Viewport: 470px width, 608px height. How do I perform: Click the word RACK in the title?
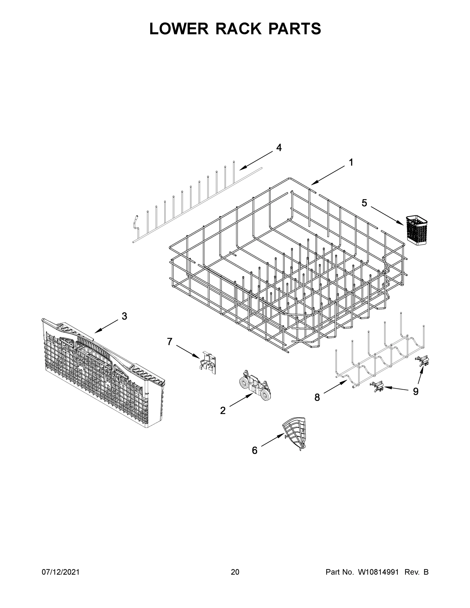pyautogui.click(x=239, y=29)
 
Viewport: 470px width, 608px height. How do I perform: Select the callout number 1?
pyautogui.click(x=351, y=162)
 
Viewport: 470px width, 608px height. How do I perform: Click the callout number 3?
pyautogui.click(x=124, y=316)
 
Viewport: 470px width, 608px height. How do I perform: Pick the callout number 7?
pyautogui.click(x=170, y=341)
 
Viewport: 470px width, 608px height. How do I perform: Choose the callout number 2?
pyautogui.click(x=223, y=410)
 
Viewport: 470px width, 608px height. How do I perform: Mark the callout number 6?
pyautogui.click(x=254, y=450)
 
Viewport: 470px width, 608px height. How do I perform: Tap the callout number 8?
pyautogui.click(x=317, y=397)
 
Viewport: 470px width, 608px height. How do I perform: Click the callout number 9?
pyautogui.click(x=416, y=392)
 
